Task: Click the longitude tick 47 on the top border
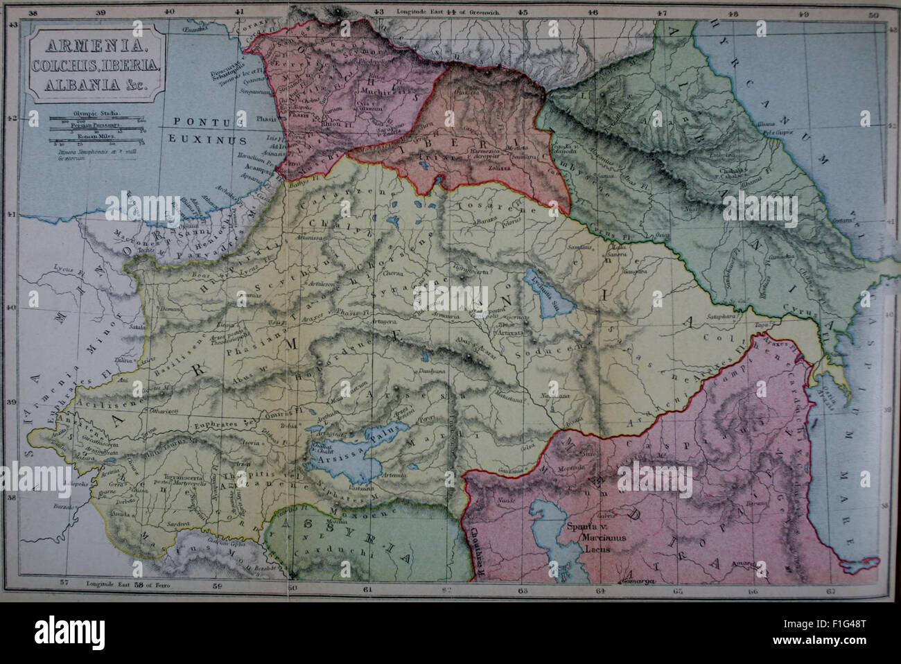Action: click(x=663, y=12)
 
